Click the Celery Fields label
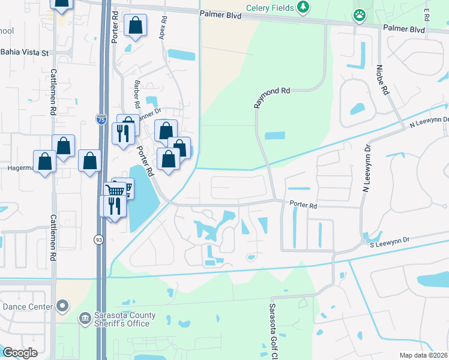(x=270, y=8)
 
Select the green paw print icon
(x=360, y=15)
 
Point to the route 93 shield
(x=98, y=239)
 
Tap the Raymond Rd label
(x=271, y=97)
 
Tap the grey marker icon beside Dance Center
(x=62, y=307)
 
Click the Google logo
(x=20, y=353)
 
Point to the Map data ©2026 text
(x=423, y=355)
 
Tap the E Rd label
(x=426, y=12)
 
